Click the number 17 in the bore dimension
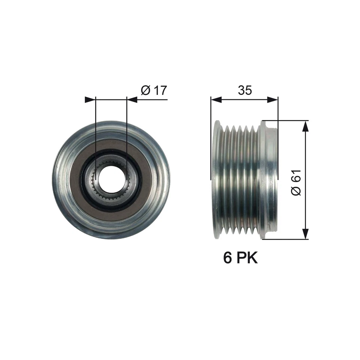[x=159, y=90]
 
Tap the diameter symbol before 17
[x=145, y=91]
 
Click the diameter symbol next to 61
[x=296, y=190]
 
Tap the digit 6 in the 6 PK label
[x=227, y=258]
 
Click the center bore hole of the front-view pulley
[x=111, y=180]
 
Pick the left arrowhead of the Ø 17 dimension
[x=90, y=100]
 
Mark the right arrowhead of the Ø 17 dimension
[x=132, y=100]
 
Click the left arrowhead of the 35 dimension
[x=216, y=100]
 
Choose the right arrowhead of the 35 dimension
[x=273, y=100]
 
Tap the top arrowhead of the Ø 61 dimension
[x=306, y=126]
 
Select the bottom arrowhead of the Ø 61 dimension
[x=306, y=234]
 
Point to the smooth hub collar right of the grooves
[x=269, y=180]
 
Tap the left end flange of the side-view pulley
[x=216, y=180]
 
